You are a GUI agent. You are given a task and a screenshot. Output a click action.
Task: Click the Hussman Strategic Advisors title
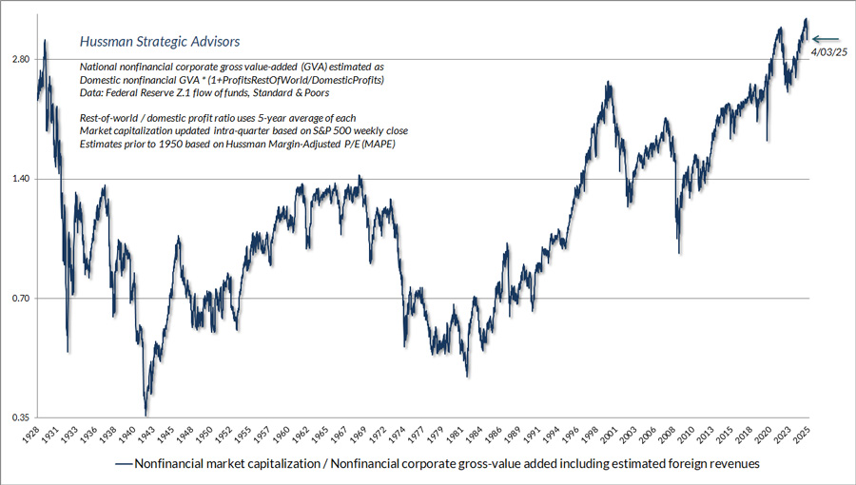159,42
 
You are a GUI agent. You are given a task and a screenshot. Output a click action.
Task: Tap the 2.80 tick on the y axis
20,60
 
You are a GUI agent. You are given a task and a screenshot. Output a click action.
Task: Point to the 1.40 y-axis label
20,179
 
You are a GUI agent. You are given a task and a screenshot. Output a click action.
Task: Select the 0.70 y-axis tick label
20,299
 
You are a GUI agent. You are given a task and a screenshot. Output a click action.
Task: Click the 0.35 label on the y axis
20,417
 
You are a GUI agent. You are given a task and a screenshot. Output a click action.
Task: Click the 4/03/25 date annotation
827,52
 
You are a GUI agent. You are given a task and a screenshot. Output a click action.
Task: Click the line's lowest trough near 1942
146,415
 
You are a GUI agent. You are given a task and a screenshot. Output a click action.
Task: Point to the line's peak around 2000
606,84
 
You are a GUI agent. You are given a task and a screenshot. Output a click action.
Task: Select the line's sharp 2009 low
679,252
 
